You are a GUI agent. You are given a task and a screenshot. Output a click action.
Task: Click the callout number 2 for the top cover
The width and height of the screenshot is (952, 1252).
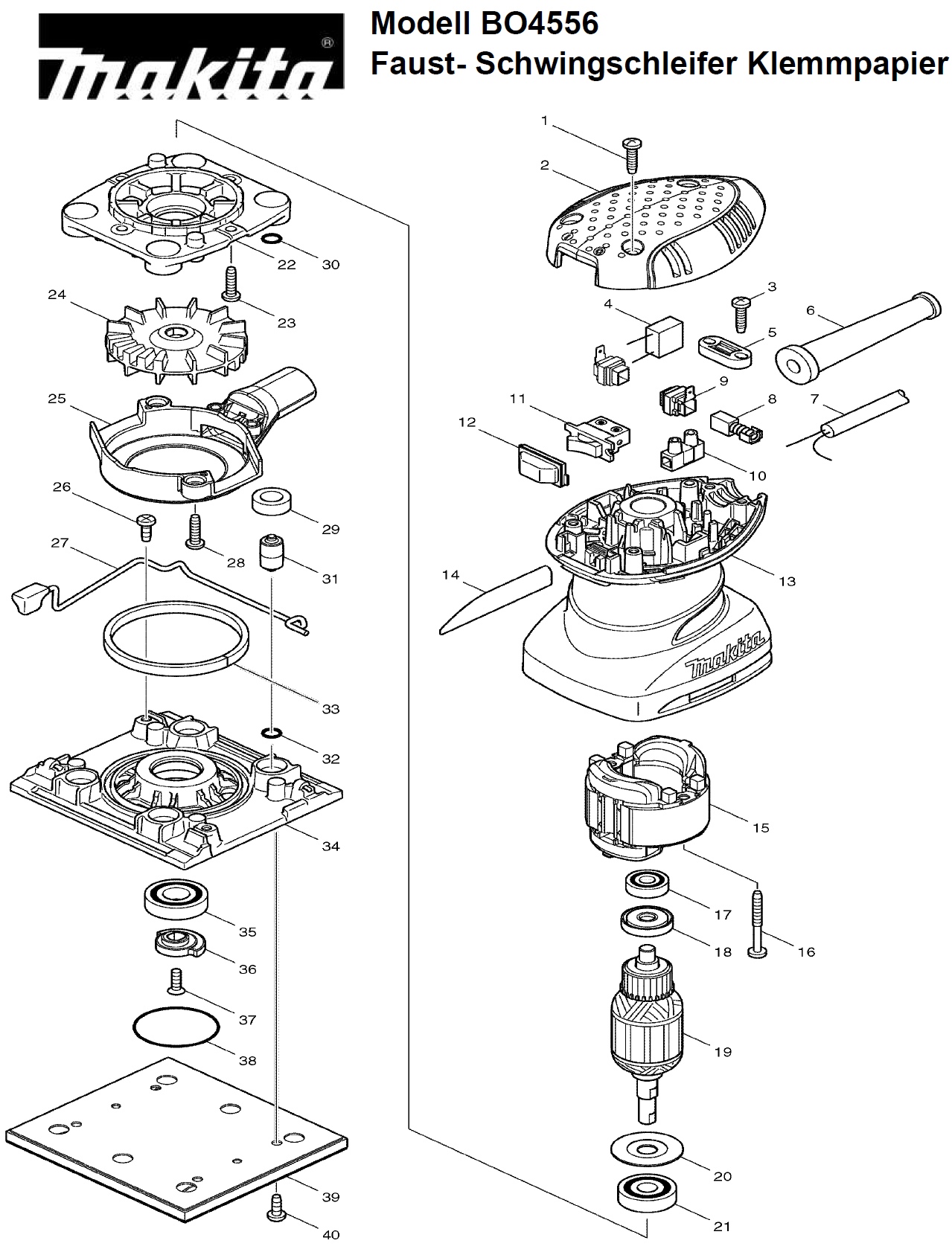[x=545, y=166]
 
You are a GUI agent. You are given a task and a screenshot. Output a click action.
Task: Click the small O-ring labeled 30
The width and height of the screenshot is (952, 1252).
[x=272, y=239]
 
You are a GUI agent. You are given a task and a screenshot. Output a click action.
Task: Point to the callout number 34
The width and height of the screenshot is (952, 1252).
[x=330, y=846]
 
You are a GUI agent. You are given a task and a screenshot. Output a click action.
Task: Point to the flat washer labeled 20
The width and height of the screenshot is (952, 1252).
[x=646, y=1149]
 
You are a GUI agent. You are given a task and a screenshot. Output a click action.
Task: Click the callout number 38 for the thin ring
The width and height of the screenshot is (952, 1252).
[x=247, y=1060]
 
